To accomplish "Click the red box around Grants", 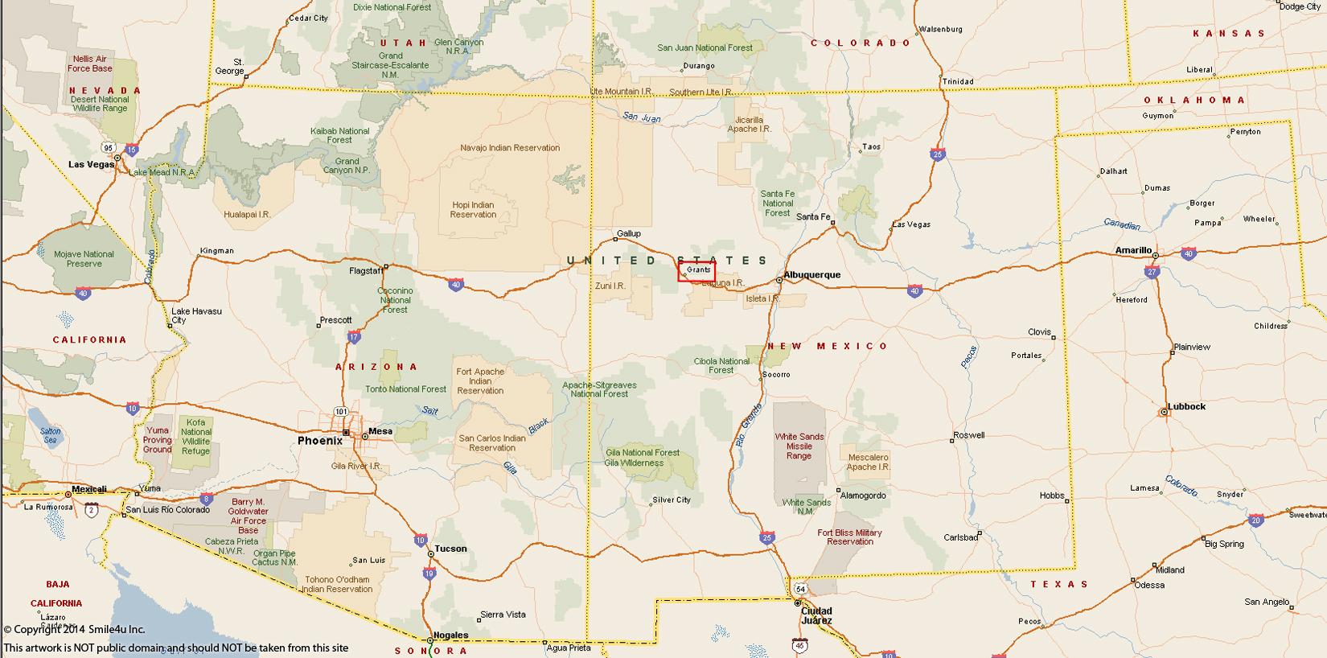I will coord(696,272).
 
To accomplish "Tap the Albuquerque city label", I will coord(812,275).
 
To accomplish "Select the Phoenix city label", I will coord(319,441).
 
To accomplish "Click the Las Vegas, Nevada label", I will coord(91,164).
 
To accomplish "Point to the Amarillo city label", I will coord(1133,250).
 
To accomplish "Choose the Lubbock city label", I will coord(1187,407).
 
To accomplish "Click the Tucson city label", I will coord(450,549).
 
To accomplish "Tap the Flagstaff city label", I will coord(366,271).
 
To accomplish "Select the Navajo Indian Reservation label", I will coord(510,148).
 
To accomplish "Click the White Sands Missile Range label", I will coord(799,446).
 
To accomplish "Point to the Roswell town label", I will coord(968,435).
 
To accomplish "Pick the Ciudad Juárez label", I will coord(816,615).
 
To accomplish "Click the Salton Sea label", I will coord(50,436).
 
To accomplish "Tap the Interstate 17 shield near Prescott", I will coord(355,337).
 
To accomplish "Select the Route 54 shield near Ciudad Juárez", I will coord(800,589).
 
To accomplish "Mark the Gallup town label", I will coord(628,234).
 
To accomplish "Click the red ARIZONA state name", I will coord(377,367).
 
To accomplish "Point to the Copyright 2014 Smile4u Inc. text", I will coord(74,629).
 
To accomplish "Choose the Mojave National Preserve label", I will coord(84,259).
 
